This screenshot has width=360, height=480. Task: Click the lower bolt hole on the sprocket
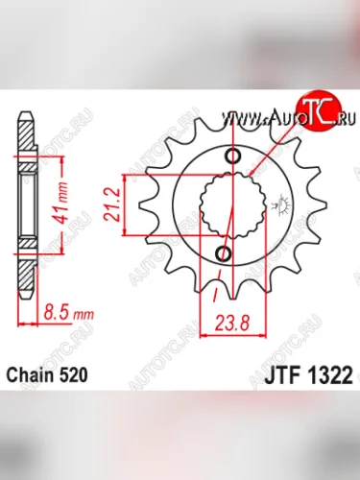pos(223,253)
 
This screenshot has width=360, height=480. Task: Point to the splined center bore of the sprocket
pos(227,205)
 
